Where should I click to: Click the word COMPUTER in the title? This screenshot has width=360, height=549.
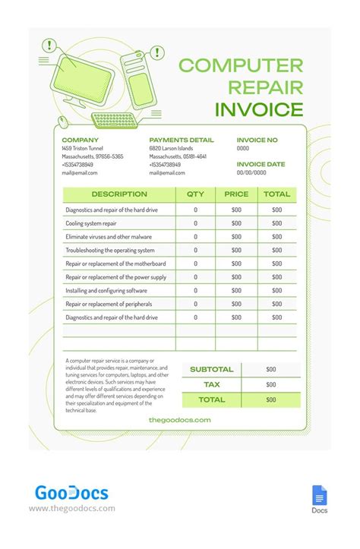tap(241, 65)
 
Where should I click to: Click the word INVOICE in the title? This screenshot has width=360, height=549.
tap(259, 109)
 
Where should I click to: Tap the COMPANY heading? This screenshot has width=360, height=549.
tap(81, 140)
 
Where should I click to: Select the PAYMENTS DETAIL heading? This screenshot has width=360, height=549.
tap(182, 140)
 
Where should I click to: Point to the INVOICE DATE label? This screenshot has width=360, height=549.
tap(261, 164)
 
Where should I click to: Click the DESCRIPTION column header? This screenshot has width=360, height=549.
tap(119, 194)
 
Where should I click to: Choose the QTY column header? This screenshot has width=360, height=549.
tap(195, 194)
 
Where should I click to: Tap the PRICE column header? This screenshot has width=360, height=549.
tap(236, 194)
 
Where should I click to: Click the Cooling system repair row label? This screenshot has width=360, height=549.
tap(91, 223)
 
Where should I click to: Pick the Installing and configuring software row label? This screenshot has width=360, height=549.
tap(106, 291)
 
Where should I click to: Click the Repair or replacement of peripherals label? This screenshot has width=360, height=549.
tap(109, 304)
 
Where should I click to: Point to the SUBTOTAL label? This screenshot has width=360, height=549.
tap(212, 369)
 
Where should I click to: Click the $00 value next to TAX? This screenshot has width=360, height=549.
tap(271, 384)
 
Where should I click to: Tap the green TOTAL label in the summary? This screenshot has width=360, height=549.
tap(212, 399)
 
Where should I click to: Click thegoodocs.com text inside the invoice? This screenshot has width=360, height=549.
tap(180, 420)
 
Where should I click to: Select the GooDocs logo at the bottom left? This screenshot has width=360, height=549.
tap(71, 494)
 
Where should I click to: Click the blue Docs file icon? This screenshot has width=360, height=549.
tap(319, 496)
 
